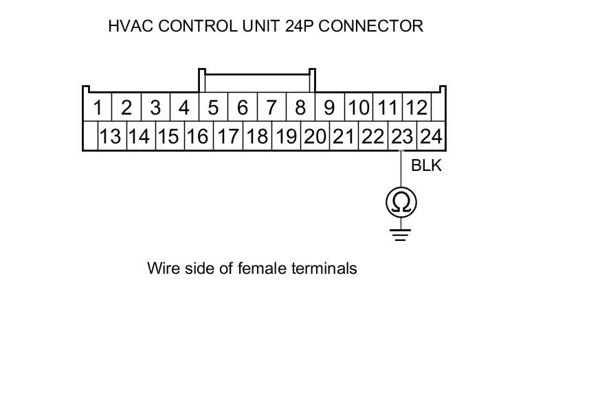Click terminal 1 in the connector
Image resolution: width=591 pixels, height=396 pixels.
98,108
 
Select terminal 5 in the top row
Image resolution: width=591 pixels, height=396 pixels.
213,108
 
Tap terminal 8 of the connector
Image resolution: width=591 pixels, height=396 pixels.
300,108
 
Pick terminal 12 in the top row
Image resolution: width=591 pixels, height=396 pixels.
416,108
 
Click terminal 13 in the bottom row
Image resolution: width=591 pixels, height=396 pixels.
109,136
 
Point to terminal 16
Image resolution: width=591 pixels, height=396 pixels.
197,136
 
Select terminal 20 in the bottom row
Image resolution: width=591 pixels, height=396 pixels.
315,136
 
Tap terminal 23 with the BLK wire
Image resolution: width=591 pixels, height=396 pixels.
402,136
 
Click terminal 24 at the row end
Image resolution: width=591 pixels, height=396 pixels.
431,136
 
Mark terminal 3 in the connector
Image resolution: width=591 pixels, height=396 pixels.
155,108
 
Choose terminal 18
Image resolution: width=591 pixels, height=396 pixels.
256,136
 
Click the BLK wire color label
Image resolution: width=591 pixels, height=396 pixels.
426,165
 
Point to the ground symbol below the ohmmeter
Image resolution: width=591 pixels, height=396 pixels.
401,234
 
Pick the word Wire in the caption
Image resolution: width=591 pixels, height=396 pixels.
162,268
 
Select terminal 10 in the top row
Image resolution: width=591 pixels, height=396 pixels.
358,108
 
